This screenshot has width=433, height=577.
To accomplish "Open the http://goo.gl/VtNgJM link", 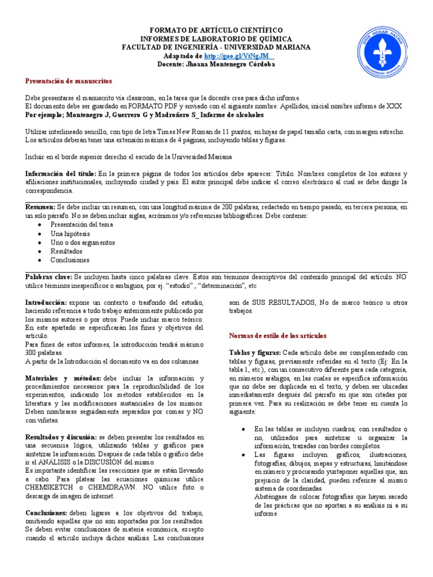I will coord(238,56).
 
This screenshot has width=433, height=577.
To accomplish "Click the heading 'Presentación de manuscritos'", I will coord(69,81).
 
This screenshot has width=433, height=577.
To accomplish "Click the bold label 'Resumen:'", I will coord(41,207).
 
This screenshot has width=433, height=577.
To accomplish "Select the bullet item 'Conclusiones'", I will coord(70,260).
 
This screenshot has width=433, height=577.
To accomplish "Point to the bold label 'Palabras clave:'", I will coord(49,277).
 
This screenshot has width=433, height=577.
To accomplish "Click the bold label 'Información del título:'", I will coord(61,174).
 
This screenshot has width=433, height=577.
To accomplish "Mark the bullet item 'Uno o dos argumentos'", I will coord(82,242).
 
